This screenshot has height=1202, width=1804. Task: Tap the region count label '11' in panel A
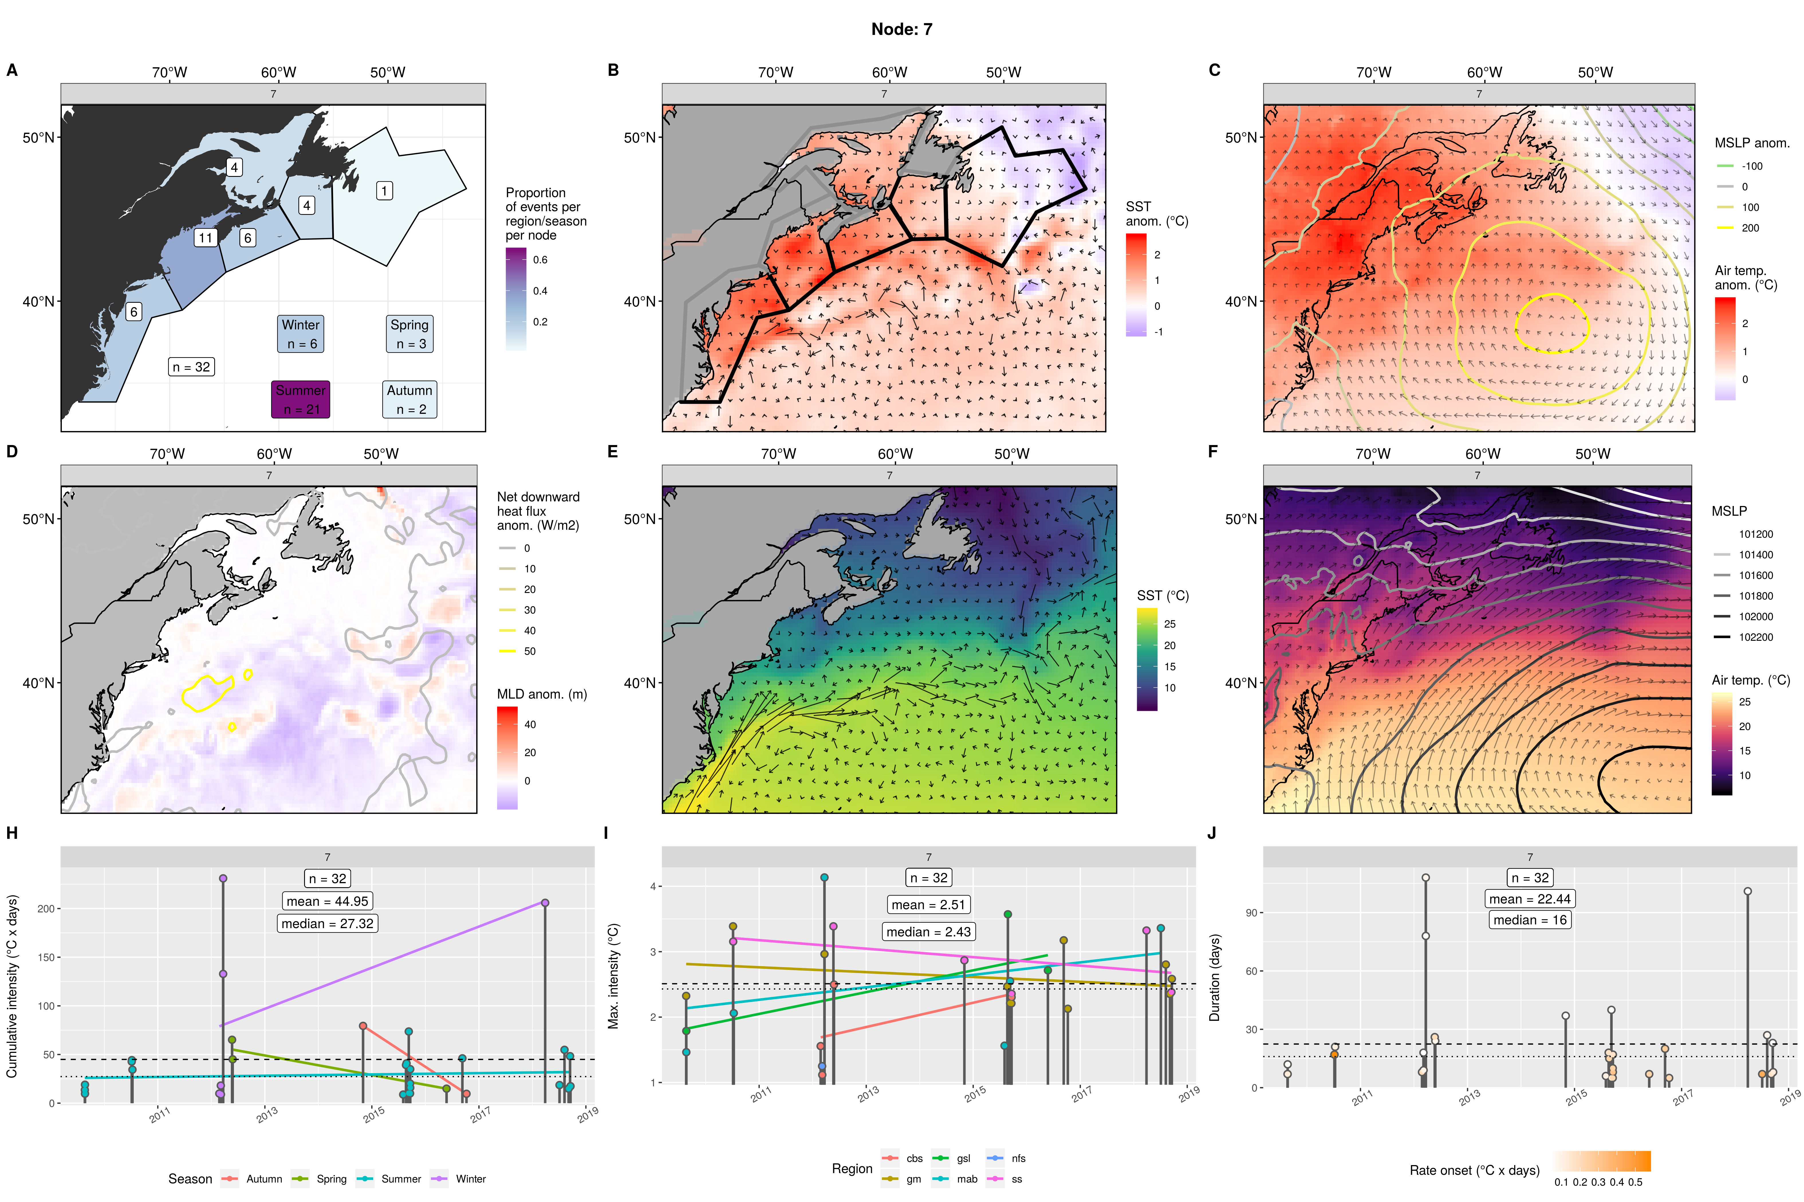click(205, 238)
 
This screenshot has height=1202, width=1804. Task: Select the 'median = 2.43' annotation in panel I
click(928, 931)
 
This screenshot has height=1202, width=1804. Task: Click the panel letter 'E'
click(612, 452)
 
